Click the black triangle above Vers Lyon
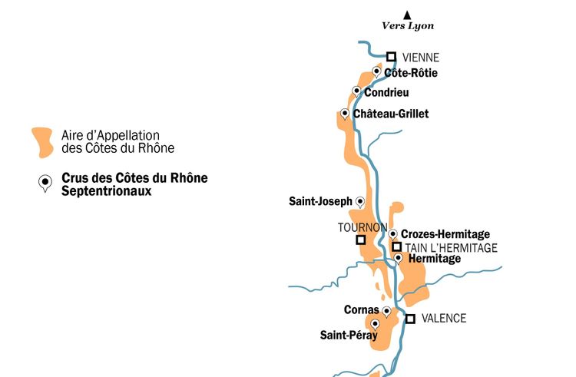(408, 14)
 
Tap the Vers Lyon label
(408, 26)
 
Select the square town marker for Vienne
(391, 56)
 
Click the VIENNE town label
(421, 57)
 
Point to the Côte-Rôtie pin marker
(376, 71)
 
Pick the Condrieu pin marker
(356, 91)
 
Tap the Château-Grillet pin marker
(345, 114)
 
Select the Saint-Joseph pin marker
(360, 201)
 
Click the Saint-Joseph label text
(320, 202)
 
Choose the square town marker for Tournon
(360, 240)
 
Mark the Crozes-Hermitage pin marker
(393, 234)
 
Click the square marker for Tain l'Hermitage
(397, 246)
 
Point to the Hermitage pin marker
(398, 258)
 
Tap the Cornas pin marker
(386, 311)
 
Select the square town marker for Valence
(411, 319)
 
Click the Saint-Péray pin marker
(375, 324)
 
